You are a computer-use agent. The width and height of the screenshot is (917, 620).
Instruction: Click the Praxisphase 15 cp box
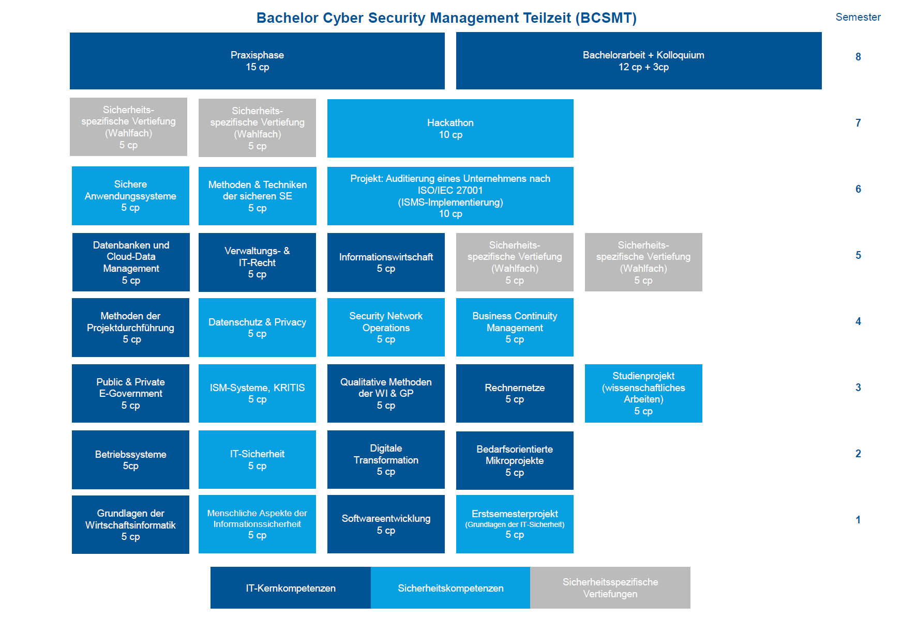click(257, 61)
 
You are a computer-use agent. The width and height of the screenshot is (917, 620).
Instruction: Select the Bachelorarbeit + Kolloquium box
click(639, 61)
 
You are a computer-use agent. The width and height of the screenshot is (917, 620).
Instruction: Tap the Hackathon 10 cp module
click(450, 128)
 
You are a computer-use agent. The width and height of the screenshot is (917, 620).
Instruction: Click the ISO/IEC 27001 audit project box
click(450, 196)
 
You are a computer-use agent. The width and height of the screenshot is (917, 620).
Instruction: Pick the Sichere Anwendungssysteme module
click(130, 196)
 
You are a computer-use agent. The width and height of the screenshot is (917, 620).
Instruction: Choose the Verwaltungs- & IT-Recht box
click(257, 262)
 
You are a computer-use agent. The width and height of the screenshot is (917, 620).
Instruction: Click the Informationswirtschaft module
click(386, 262)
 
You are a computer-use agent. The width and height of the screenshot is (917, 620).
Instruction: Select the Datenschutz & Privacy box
click(257, 328)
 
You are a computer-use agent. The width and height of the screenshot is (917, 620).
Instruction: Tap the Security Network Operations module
click(386, 328)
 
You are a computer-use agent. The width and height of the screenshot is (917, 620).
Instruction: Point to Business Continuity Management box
click(515, 328)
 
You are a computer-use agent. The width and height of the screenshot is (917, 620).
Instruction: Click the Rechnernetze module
click(515, 393)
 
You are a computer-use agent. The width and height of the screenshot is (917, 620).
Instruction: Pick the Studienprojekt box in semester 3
click(643, 393)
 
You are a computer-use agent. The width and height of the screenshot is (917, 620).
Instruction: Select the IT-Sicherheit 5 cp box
click(257, 460)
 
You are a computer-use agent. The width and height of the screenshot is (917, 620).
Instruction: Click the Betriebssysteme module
click(130, 460)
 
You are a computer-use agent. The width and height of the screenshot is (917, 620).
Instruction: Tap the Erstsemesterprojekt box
click(515, 524)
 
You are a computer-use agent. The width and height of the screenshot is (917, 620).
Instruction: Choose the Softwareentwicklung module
click(386, 524)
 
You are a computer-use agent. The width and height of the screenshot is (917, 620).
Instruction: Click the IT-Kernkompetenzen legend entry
click(291, 588)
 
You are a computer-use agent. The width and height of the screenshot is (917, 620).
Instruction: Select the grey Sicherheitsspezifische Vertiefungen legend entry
click(610, 588)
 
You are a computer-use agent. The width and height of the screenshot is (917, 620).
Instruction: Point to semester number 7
click(858, 123)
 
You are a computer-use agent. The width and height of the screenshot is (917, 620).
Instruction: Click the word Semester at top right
click(858, 17)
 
